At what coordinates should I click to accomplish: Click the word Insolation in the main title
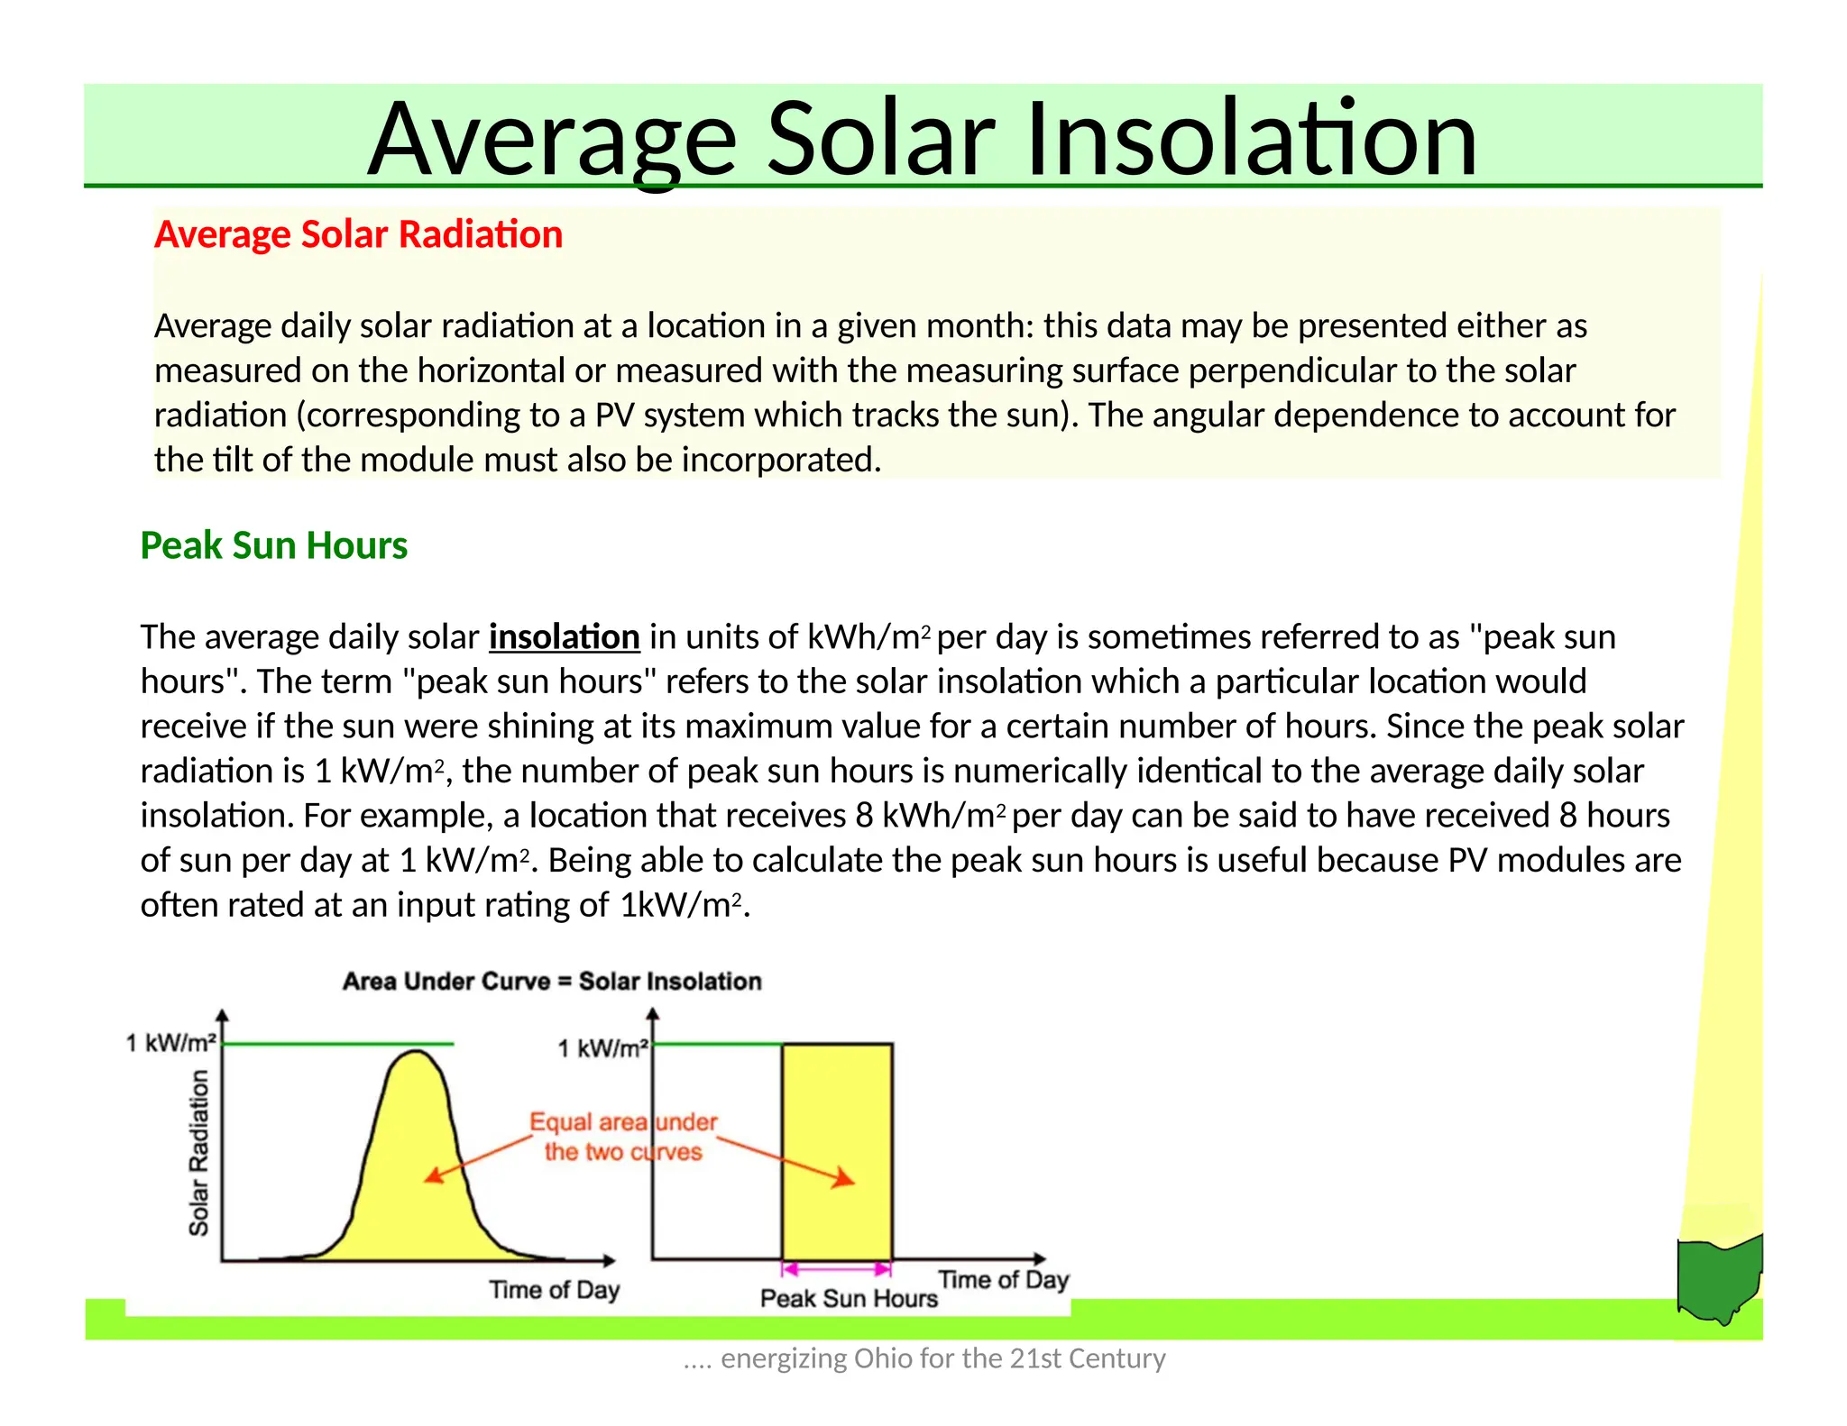pyautogui.click(x=1250, y=140)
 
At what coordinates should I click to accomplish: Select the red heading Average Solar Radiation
pyautogui.click(x=358, y=234)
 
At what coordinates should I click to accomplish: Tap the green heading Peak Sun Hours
pyautogui.click(x=273, y=545)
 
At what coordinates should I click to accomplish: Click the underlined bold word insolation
pyautogui.click(x=564, y=637)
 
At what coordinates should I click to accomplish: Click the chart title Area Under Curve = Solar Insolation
pyautogui.click(x=552, y=981)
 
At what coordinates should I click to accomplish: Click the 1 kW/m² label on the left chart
pyautogui.click(x=170, y=1043)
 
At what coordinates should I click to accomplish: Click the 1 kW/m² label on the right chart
pyautogui.click(x=602, y=1048)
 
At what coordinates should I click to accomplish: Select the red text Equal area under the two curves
pyautogui.click(x=622, y=1137)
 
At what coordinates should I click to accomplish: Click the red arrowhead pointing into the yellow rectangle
pyautogui.click(x=844, y=1179)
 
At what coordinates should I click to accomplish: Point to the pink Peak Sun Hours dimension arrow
pyautogui.click(x=836, y=1269)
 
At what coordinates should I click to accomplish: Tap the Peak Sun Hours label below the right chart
pyautogui.click(x=849, y=1298)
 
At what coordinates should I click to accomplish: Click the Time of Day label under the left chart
pyautogui.click(x=554, y=1290)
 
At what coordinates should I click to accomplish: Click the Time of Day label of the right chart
pyautogui.click(x=1003, y=1280)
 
